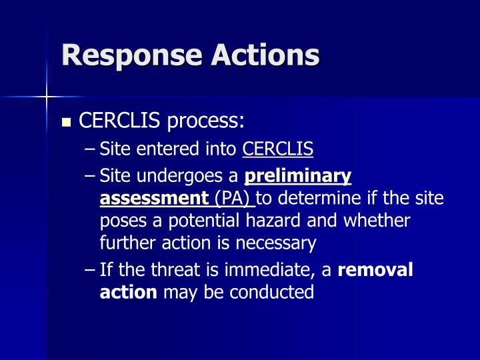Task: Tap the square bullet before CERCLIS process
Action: [65, 123]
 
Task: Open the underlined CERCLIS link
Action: [278, 149]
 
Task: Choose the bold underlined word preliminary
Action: [298, 177]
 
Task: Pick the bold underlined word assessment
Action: [154, 198]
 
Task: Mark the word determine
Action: [316, 198]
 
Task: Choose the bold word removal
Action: [376, 270]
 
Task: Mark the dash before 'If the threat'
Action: [91, 270]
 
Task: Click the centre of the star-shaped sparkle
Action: [47, 97]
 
